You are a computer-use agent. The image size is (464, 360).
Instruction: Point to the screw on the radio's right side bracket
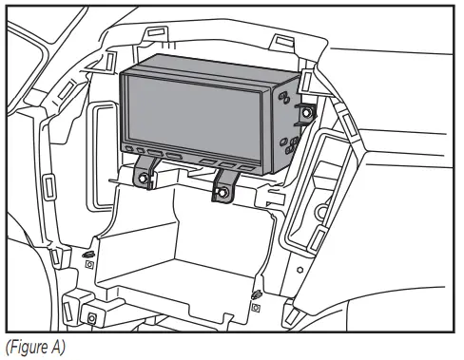(x=308, y=114)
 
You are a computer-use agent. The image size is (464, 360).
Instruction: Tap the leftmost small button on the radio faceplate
(x=128, y=149)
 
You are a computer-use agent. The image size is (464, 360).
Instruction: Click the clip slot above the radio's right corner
(x=282, y=43)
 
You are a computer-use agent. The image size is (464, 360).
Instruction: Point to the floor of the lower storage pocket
(x=181, y=285)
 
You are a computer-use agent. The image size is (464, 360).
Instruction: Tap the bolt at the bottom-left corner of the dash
(x=92, y=317)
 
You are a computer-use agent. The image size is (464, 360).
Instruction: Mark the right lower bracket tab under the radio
(x=224, y=187)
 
